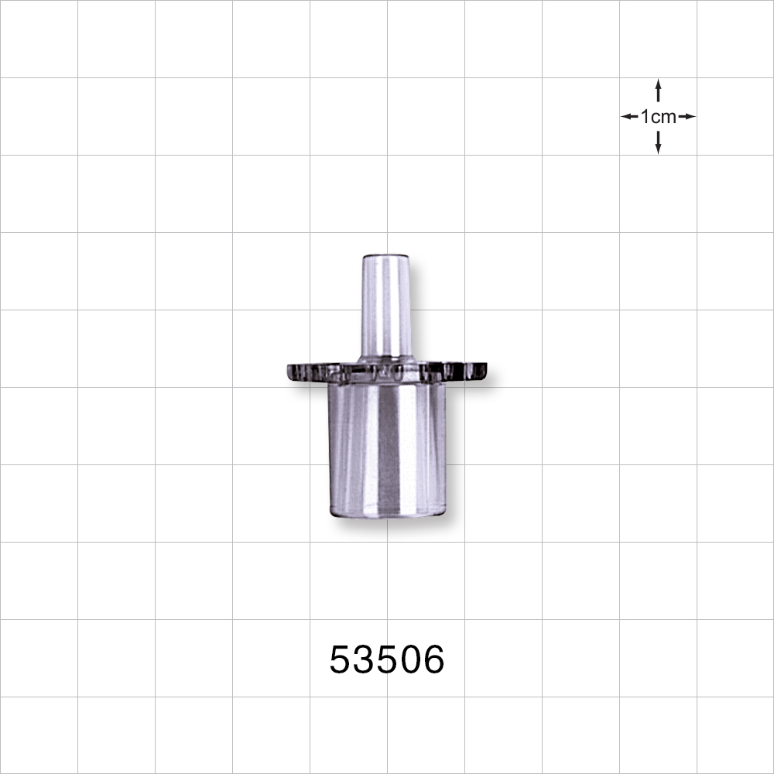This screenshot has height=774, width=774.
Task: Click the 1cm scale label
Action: click(658, 117)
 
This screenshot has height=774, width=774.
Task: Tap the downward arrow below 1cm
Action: click(658, 142)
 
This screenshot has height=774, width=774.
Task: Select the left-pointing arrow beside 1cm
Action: click(629, 117)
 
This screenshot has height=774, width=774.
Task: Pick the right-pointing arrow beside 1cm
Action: click(687, 117)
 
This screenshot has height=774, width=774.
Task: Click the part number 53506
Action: click(387, 660)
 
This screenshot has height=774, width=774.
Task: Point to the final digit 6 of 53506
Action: click(433, 660)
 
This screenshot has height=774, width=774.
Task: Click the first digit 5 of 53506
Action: click(341, 660)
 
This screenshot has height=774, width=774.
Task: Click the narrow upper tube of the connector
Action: click(386, 306)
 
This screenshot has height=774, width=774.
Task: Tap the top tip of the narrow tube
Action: click(386, 257)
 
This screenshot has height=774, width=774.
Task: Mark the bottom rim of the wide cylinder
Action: click(386, 514)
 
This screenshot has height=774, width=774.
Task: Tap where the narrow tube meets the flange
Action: click(386, 358)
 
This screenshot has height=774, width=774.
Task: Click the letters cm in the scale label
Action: click(663, 117)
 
